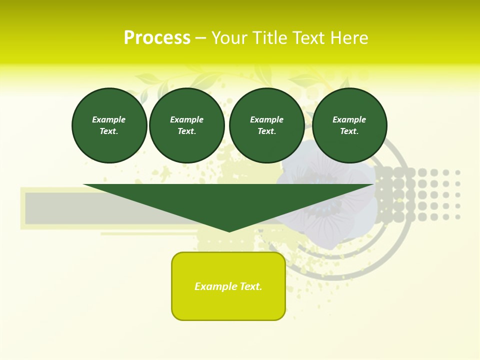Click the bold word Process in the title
(x=157, y=38)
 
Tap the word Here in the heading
(x=350, y=38)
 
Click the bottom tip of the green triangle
(x=229, y=230)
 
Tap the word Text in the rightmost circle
(x=349, y=131)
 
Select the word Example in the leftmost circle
(x=109, y=119)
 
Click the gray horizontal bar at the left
(x=55, y=208)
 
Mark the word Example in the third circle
(x=266, y=119)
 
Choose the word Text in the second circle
(x=186, y=131)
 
